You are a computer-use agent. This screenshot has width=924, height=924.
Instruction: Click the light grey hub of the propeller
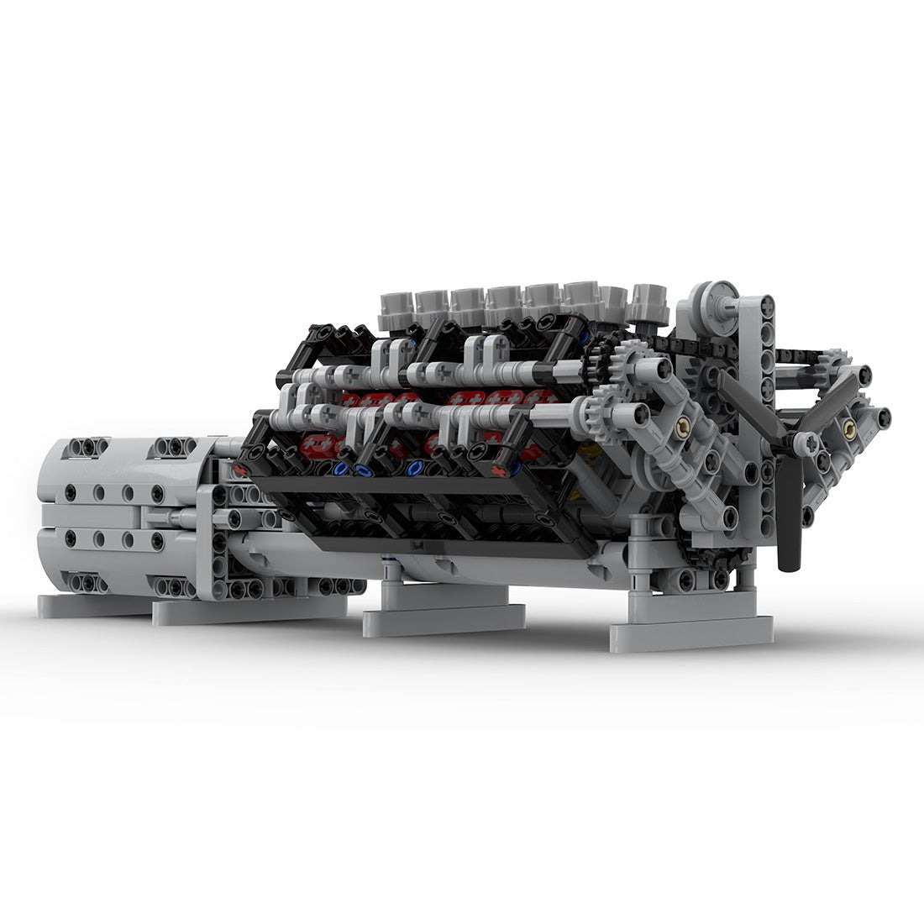click(806, 443)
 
